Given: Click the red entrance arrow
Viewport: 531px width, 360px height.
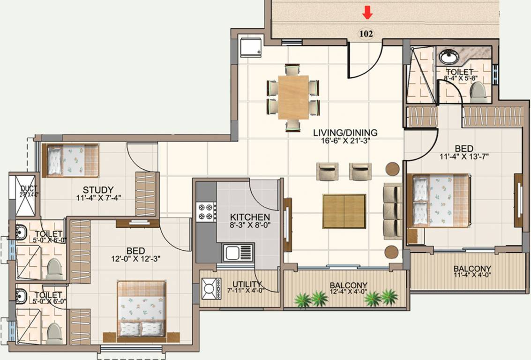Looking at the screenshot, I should [x=368, y=14].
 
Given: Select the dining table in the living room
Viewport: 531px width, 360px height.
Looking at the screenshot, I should [x=293, y=97].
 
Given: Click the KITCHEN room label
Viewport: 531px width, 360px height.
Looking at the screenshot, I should [x=250, y=217].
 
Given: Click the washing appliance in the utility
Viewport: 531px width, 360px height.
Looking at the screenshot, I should [x=211, y=289].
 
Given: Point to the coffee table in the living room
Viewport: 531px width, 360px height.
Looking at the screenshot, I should [x=344, y=211].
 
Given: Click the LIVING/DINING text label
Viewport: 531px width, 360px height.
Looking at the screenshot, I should [x=345, y=133].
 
